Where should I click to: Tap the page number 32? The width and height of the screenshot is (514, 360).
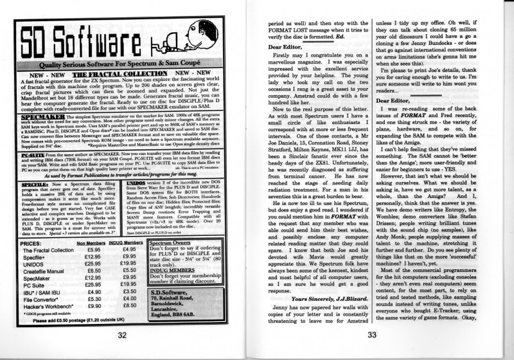(x=122, y=334)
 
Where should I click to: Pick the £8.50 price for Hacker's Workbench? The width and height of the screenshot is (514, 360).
(x=128, y=305)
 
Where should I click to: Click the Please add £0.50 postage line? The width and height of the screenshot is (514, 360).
(x=74, y=319)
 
